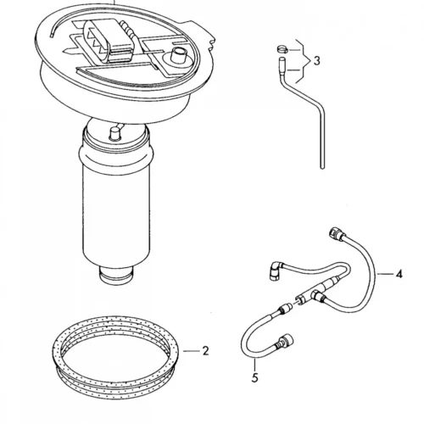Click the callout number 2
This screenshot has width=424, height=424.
click(x=205, y=351)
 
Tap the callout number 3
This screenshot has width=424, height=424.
click(x=317, y=61)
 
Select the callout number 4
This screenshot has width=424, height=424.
click(x=399, y=274)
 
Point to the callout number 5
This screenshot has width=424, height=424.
click(x=255, y=377)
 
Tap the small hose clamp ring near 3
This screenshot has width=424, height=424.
click(x=282, y=49)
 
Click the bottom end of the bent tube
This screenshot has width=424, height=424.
click(x=322, y=168)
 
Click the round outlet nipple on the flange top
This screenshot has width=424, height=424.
click(x=178, y=54)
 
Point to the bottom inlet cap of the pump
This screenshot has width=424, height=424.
click(x=116, y=276)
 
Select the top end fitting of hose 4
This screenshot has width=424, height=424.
click(x=337, y=232)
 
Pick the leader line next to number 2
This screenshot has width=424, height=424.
click(x=191, y=351)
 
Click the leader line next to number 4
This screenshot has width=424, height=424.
click(x=384, y=274)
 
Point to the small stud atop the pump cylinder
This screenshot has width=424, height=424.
click(x=114, y=133)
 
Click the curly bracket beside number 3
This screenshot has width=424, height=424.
click(x=304, y=61)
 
